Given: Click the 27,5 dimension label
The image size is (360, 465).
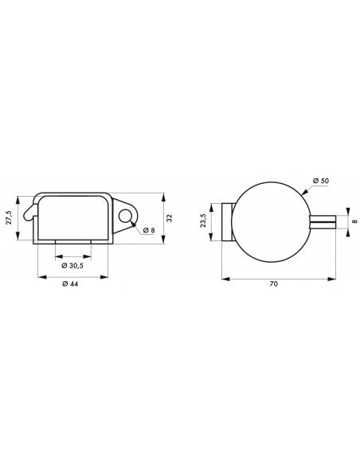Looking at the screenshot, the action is [x=9, y=217].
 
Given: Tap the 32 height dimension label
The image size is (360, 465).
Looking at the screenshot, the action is [x=170, y=218].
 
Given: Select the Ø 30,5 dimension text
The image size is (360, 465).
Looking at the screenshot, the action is [x=72, y=265].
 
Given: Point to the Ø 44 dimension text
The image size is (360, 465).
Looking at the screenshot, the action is [x=70, y=283].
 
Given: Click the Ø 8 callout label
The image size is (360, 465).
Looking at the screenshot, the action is [x=149, y=230].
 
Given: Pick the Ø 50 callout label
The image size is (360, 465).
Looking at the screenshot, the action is [x=320, y=181].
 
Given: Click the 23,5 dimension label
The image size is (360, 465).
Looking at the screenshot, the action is [x=203, y=221].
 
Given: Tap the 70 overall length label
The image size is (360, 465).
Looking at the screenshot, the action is [x=274, y=283].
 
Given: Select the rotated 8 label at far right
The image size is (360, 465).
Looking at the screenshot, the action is [x=355, y=221].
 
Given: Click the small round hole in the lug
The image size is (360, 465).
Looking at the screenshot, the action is [x=125, y=215].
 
